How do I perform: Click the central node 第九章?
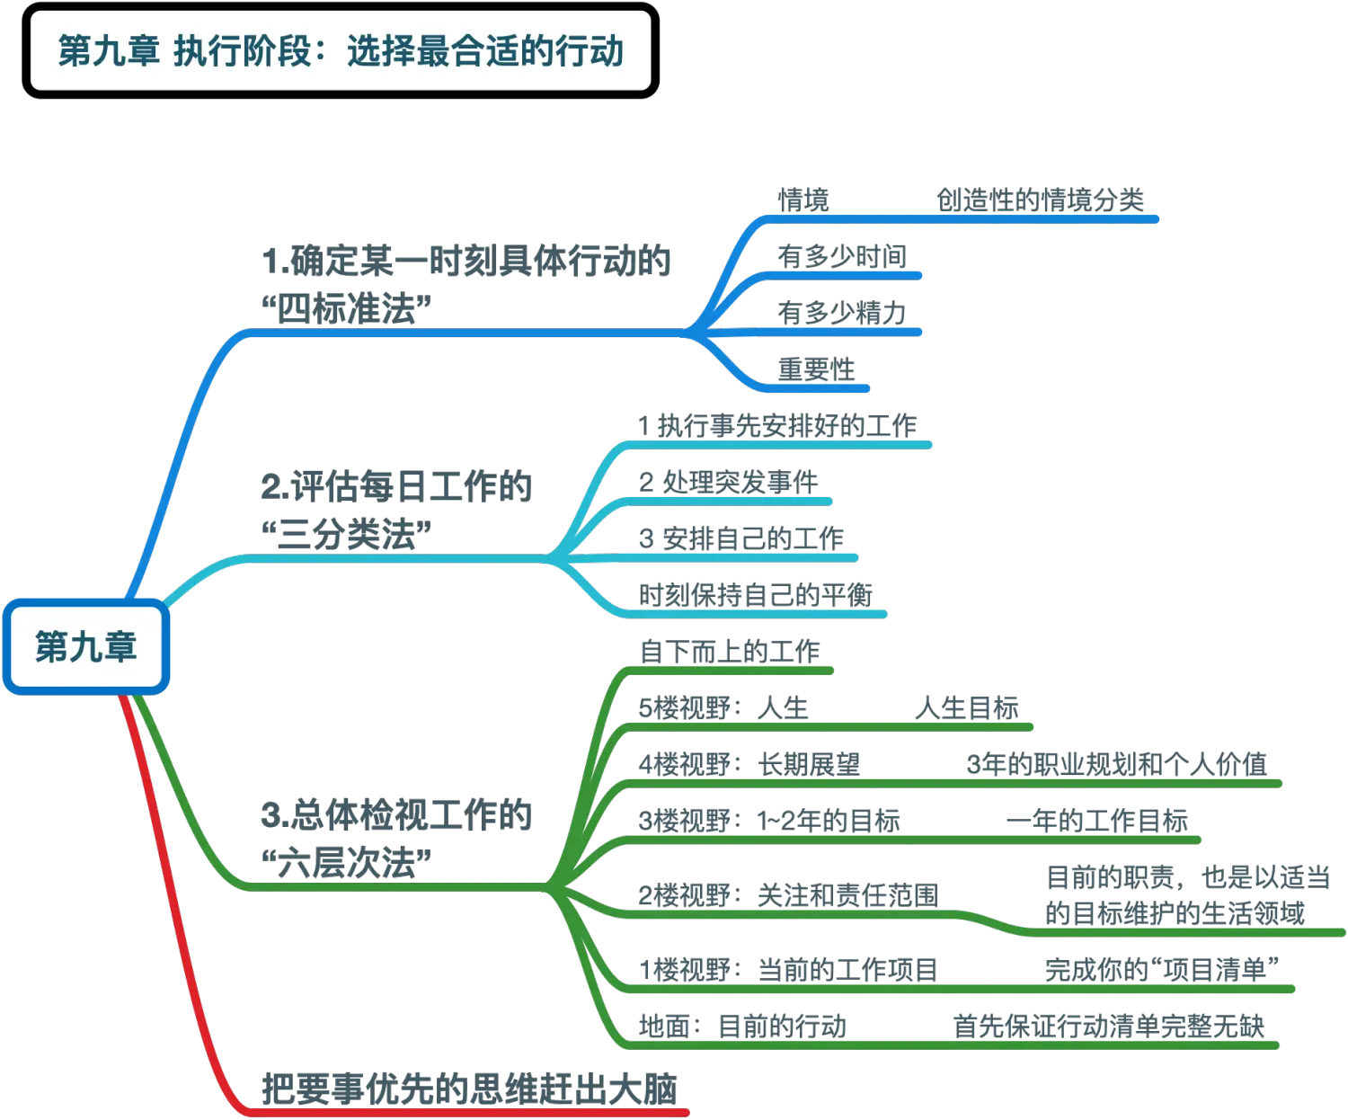pyautogui.click(x=85, y=647)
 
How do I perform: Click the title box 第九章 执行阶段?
pyautogui.click(x=341, y=50)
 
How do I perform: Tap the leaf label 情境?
pyautogui.click(x=804, y=200)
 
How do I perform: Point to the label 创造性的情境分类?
pyautogui.click(x=1040, y=200)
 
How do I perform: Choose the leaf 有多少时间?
pyautogui.click(x=842, y=256)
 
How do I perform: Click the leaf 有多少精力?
pyautogui.click(x=842, y=312)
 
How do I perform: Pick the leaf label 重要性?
pyautogui.click(x=816, y=368)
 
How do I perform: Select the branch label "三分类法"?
pyautogui.click(x=395, y=511)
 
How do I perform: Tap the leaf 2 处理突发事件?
pyautogui.click(x=729, y=482)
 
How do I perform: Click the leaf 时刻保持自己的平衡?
pyautogui.click(x=756, y=594)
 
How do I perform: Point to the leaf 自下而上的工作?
pyautogui.click(x=729, y=651)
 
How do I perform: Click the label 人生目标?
pyautogui.click(x=967, y=707)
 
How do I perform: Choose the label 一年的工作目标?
pyautogui.click(x=1097, y=820)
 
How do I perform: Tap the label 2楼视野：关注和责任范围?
pyautogui.click(x=788, y=895)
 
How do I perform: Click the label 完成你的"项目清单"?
pyautogui.click(x=1160, y=970)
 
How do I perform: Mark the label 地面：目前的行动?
pyautogui.click(x=743, y=1026)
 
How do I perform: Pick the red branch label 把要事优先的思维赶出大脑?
pyautogui.click(x=468, y=1089)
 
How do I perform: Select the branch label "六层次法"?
pyautogui.click(x=395, y=839)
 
